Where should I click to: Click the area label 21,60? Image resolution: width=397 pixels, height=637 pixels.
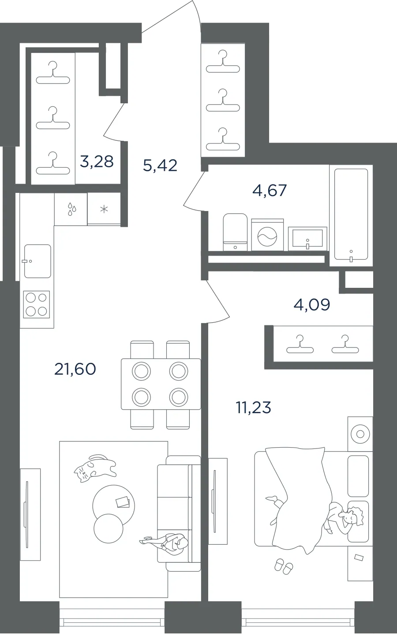point(75,369)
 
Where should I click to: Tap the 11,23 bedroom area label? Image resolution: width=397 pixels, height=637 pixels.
point(254,407)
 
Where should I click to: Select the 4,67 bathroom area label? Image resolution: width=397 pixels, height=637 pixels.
point(270,191)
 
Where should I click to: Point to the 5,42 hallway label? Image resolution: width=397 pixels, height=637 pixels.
point(160,166)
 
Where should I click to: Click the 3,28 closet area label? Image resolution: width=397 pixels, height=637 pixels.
point(97,162)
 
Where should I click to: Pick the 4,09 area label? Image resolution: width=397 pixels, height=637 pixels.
point(312,305)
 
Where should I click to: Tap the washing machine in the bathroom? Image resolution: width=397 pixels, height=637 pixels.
point(267,235)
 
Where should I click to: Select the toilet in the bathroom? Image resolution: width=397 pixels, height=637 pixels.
point(235,232)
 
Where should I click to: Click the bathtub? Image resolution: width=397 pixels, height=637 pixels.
point(351,215)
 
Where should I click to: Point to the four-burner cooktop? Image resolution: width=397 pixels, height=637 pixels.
point(36,304)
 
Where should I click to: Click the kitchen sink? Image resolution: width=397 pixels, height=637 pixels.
point(37,261)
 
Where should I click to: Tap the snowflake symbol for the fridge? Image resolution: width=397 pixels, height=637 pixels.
point(104,210)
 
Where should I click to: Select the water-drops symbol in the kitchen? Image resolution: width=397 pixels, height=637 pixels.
point(72,209)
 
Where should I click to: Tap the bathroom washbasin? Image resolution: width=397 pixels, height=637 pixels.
point(307,239)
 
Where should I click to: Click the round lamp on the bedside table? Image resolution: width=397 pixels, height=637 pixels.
point(360,434)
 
